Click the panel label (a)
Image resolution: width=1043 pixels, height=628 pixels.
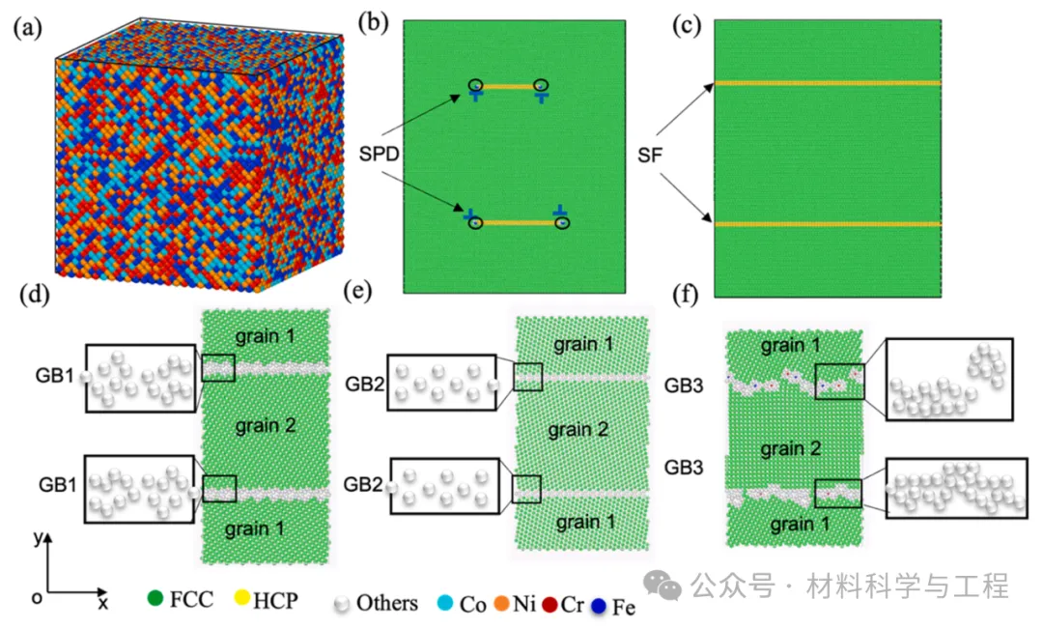(x=27, y=28)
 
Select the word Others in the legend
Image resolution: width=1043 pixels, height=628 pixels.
(x=386, y=604)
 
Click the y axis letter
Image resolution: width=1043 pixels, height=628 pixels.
(x=37, y=540)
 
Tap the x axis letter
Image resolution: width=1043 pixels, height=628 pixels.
(x=102, y=604)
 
